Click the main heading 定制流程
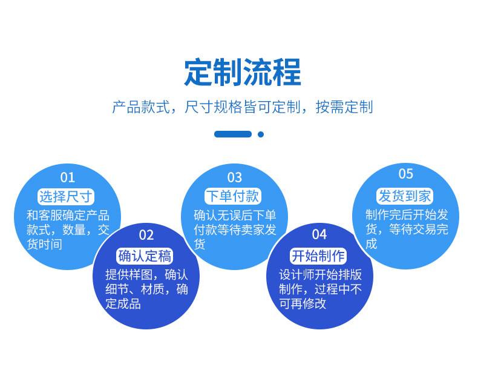coord(243,72)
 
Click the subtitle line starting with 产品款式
coord(243,107)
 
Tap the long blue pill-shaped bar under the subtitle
coord(233,134)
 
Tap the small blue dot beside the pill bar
coord(261,134)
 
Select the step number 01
coord(67,177)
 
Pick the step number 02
coord(146,235)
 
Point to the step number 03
coord(234,177)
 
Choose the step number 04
coord(319,234)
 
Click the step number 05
coord(406,174)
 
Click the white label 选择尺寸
coord(66,196)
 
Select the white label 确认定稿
coord(145,256)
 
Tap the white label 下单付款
coord(233,196)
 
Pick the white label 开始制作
coord(318,256)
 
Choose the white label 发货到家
coord(405,196)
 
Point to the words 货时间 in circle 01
coord(45,244)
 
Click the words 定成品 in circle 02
coord(123,304)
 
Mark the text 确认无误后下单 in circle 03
coord(235,216)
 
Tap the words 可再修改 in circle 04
coord(303,303)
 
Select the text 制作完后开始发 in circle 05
coord(407,215)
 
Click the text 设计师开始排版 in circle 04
coord(321,275)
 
